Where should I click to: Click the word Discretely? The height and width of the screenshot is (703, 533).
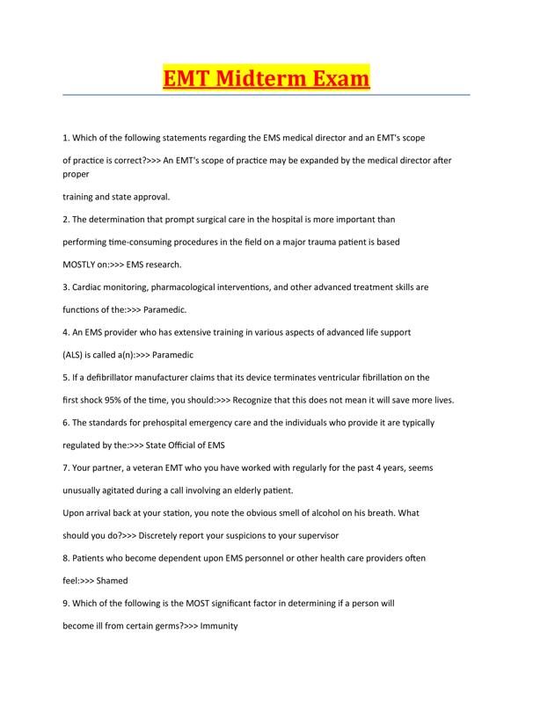coord(147,534)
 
